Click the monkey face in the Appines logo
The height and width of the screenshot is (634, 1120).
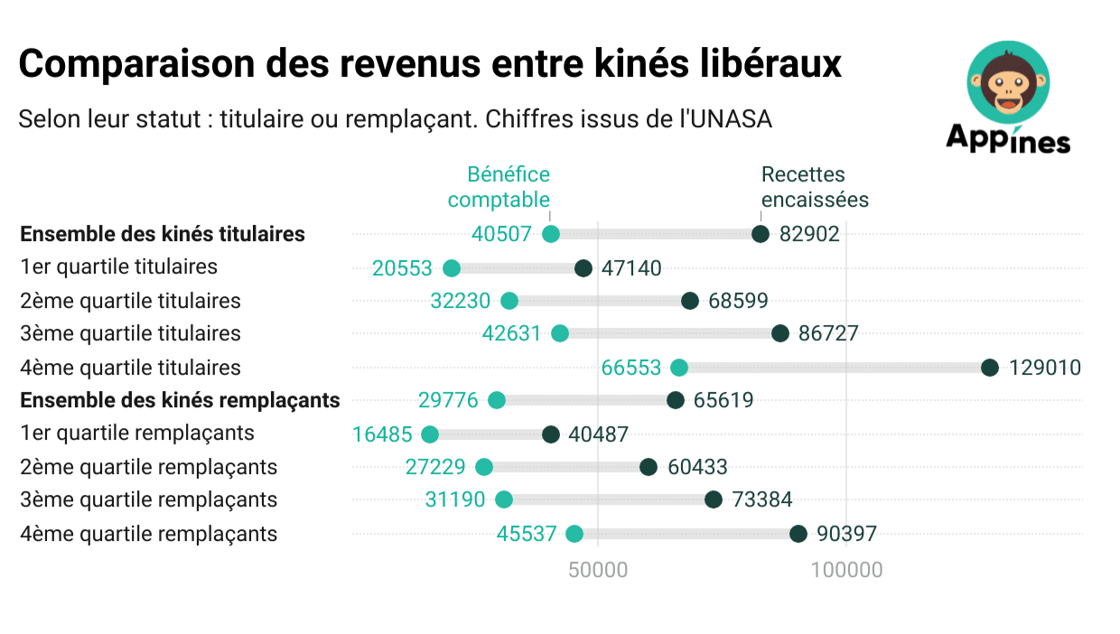pos(1008,81)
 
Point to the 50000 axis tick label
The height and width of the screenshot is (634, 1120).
pos(597,571)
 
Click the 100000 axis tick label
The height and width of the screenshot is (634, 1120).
pos(846,571)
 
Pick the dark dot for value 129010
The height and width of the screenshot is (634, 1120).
pos(990,368)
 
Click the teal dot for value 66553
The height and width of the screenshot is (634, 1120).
pos(679,368)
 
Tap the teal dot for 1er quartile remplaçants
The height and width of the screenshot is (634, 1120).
pos(430,434)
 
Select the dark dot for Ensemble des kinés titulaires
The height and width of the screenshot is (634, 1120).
pos(761,235)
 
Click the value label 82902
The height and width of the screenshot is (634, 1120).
pos(809,235)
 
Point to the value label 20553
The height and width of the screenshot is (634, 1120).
pos(402,268)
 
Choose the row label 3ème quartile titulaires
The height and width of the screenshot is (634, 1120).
pos(130,334)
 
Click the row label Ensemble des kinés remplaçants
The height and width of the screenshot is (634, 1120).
pos(180,401)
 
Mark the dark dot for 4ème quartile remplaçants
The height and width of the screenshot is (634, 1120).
pos(798,534)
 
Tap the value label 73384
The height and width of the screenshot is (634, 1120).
pos(762,500)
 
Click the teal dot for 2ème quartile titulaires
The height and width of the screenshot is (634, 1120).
pos(509,302)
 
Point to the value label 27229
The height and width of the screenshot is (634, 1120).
pos(435,467)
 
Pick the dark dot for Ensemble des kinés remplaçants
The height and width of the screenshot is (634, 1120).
pos(676,401)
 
